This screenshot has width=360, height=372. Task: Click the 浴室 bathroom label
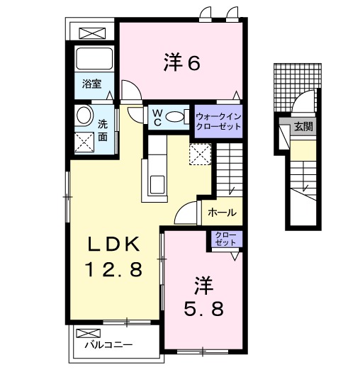(x=91, y=84)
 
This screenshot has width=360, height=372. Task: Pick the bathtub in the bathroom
(x=91, y=60)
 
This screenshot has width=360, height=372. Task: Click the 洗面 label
(x=103, y=128)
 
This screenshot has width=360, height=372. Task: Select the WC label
(x=155, y=115)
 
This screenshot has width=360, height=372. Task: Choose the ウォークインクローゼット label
(x=218, y=120)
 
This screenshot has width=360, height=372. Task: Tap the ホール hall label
(x=223, y=212)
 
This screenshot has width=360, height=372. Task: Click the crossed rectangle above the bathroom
(x=91, y=32)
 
